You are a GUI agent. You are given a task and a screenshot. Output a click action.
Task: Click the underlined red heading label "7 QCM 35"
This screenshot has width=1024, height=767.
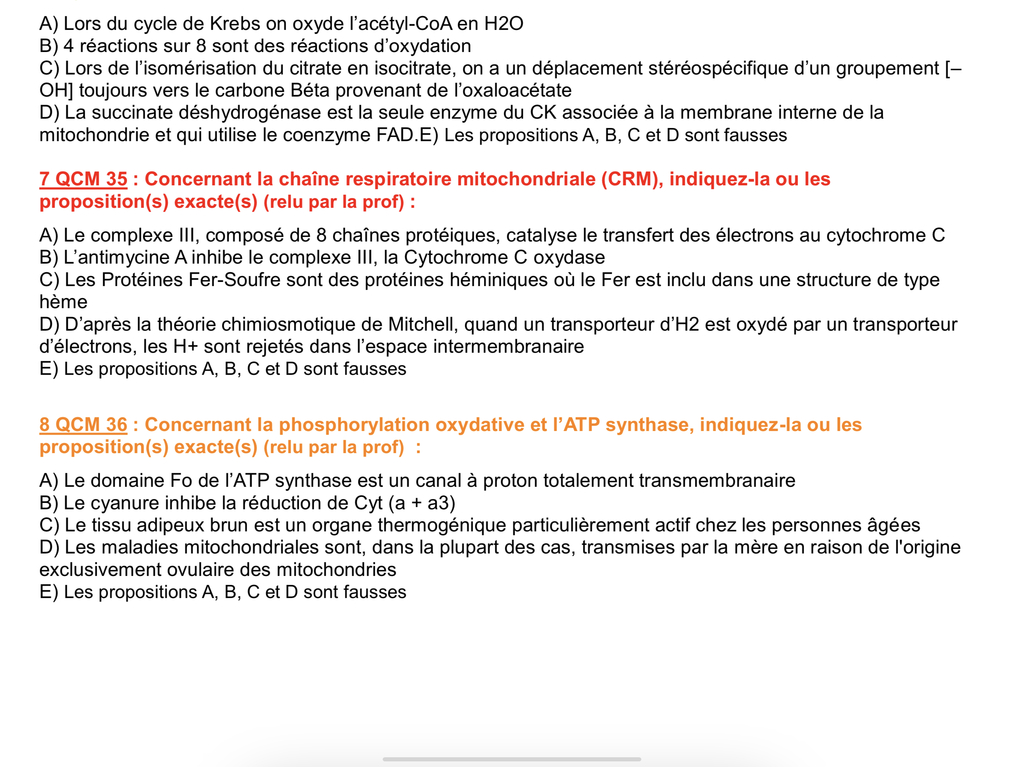(x=83, y=179)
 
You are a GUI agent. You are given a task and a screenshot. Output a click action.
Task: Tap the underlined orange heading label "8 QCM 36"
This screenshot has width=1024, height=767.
(x=83, y=425)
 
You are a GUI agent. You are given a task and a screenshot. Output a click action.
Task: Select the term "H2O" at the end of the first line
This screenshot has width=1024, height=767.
(x=504, y=24)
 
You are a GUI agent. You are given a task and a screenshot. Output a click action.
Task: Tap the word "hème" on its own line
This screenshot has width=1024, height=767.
(x=63, y=302)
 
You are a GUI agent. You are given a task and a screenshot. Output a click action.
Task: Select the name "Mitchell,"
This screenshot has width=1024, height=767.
(x=423, y=324)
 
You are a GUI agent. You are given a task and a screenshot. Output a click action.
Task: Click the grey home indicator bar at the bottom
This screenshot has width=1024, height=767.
(x=512, y=759)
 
